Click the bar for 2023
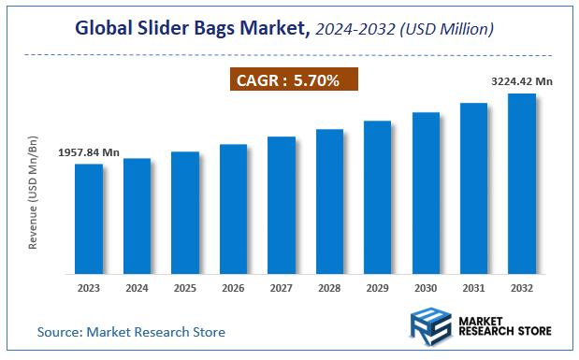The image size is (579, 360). click(89, 219)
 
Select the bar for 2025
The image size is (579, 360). click(185, 212)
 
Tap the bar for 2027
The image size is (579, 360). click(282, 205)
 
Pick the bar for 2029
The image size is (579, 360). click(377, 197)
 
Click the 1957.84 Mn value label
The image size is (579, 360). click(89, 151)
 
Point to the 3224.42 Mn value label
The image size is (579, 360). click(521, 81)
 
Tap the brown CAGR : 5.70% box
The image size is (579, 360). click(295, 80)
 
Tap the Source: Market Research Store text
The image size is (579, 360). click(131, 332)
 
